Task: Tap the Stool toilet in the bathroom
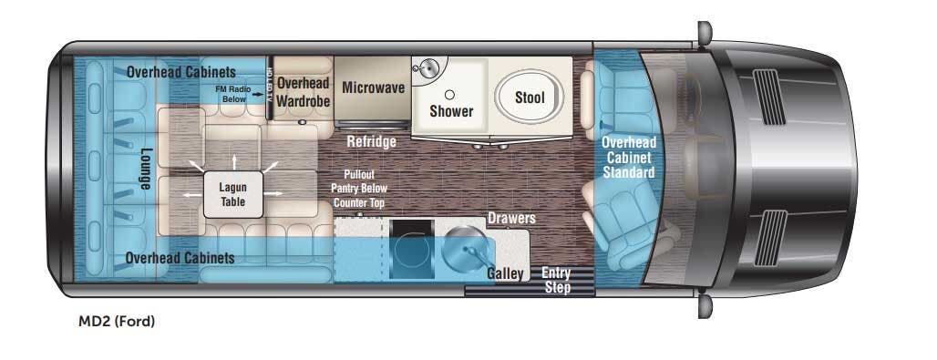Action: [530, 97]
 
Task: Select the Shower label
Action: [451, 111]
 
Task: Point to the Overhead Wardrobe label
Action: [304, 92]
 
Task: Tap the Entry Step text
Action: [557, 279]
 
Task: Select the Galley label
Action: [505, 273]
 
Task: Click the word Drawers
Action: [511, 220]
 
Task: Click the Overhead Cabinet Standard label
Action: [629, 157]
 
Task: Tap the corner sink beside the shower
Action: [426, 68]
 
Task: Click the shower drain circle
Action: [448, 94]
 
